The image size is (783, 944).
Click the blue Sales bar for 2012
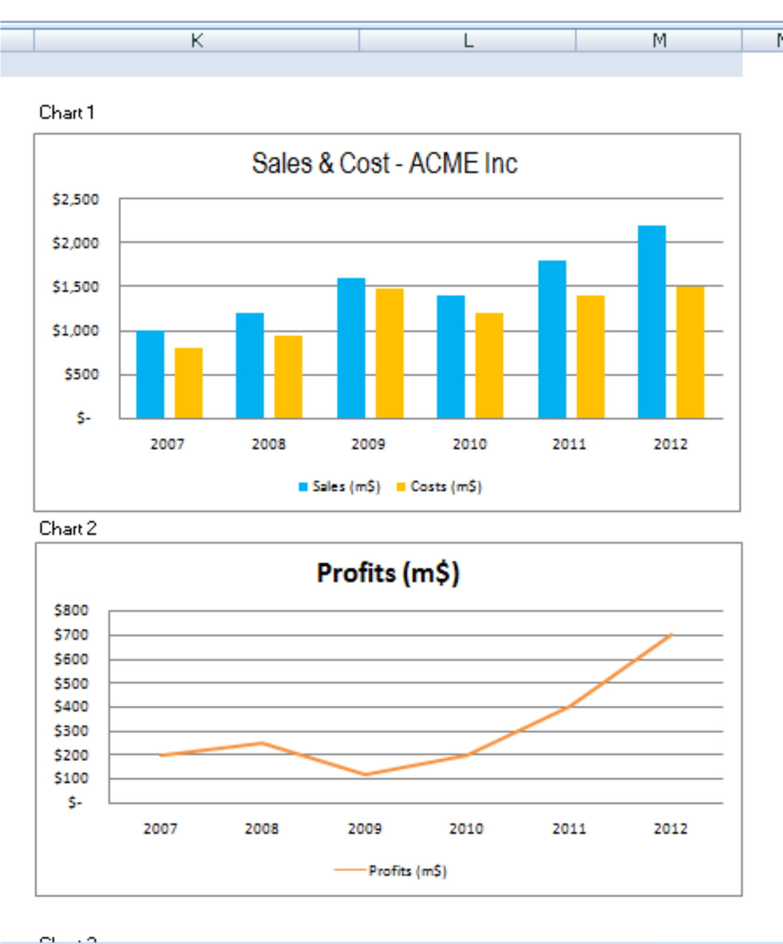[651, 322]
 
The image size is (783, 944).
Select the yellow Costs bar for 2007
[188, 383]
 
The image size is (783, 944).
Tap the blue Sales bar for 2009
[351, 348]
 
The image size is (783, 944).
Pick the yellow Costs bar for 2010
[489, 365]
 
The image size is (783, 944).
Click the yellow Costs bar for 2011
[590, 356]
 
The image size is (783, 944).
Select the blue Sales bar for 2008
[250, 365]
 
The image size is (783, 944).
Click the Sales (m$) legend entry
[340, 487]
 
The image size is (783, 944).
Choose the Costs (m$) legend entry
[440, 487]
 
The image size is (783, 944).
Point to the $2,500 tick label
[76, 199]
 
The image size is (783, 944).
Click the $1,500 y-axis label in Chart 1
[76, 287]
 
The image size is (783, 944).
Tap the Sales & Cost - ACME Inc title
[385, 163]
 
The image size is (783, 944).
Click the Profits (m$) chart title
[388, 573]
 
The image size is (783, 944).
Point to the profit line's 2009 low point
[365, 774]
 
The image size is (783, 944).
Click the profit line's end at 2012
[671, 635]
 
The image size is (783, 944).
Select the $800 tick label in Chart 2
[71, 610]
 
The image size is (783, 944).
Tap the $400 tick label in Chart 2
[71, 706]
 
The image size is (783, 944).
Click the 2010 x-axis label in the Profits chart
[466, 828]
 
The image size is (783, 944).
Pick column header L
[467, 40]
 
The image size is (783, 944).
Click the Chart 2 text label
[67, 528]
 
